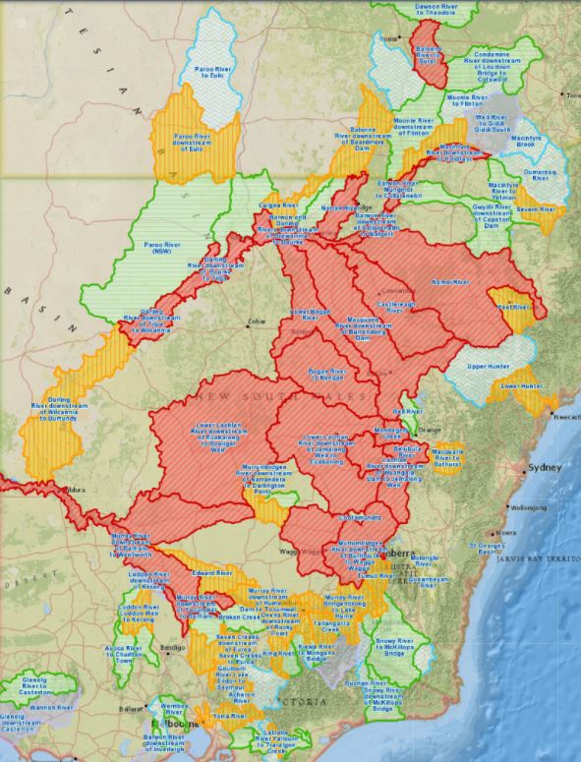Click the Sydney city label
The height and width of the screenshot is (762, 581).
click(544, 468)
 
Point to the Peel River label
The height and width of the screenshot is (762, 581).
click(514, 308)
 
